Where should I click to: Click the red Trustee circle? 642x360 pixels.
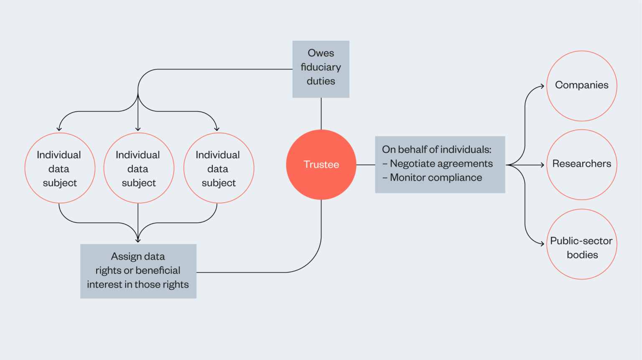pos(321,164)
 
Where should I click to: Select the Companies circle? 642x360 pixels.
pos(581,86)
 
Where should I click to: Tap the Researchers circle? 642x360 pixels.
pos(581,164)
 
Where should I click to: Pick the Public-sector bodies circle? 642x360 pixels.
pos(581,244)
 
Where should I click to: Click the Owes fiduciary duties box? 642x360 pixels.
pos(321,69)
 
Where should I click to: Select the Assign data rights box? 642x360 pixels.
pos(138,271)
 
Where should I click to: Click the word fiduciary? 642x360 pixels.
pos(321,67)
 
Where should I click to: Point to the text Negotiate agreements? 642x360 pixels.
pos(441,163)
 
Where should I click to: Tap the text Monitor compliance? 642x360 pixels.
pos(436,178)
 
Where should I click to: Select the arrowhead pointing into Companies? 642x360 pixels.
pos(543,86)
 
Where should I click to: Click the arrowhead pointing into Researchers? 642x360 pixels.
pos(543,165)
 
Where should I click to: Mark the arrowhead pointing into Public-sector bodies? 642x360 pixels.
pos(543,243)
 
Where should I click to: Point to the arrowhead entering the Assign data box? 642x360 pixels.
pos(138,240)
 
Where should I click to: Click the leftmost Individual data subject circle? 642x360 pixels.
pos(60,168)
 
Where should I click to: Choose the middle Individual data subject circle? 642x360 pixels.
pos(138,168)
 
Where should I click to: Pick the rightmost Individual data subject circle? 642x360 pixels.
pos(219,168)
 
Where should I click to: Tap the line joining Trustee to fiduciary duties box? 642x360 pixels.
pos(321,114)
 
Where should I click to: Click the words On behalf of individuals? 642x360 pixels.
pos(436,150)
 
